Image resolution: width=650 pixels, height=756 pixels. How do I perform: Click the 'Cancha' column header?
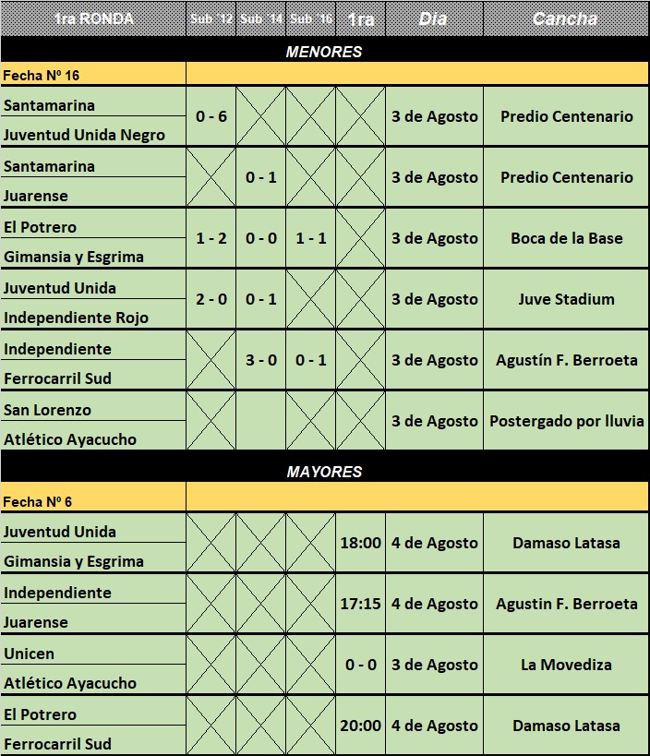[565, 18]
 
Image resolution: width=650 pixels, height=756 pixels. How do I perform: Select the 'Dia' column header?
[433, 18]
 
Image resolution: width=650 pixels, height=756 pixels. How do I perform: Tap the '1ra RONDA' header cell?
[93, 18]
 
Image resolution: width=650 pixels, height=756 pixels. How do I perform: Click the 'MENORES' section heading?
[324, 52]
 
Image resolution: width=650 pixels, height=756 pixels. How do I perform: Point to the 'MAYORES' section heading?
[324, 472]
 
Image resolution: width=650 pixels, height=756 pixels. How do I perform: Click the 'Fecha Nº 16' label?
[41, 75]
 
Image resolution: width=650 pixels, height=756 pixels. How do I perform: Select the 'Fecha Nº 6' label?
[37, 502]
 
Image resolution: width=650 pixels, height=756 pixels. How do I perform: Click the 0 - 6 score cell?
[211, 116]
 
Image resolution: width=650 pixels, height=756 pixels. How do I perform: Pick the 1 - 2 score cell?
[211, 238]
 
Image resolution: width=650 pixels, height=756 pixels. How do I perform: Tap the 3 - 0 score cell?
[260, 360]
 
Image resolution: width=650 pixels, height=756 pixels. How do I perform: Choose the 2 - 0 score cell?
[211, 299]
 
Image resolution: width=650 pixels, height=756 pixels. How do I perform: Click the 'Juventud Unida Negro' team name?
[84, 135]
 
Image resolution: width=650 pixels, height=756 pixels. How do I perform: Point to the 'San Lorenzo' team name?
[47, 410]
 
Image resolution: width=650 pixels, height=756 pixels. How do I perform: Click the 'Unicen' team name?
[29, 654]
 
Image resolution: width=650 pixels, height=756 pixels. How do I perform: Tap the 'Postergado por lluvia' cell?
[566, 421]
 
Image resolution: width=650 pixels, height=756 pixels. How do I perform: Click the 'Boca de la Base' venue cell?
[566, 238]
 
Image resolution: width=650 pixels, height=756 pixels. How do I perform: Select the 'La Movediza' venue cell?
[566, 665]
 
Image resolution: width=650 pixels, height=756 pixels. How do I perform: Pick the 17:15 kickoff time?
[360, 604]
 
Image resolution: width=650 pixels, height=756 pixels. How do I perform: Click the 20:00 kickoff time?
[360, 726]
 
